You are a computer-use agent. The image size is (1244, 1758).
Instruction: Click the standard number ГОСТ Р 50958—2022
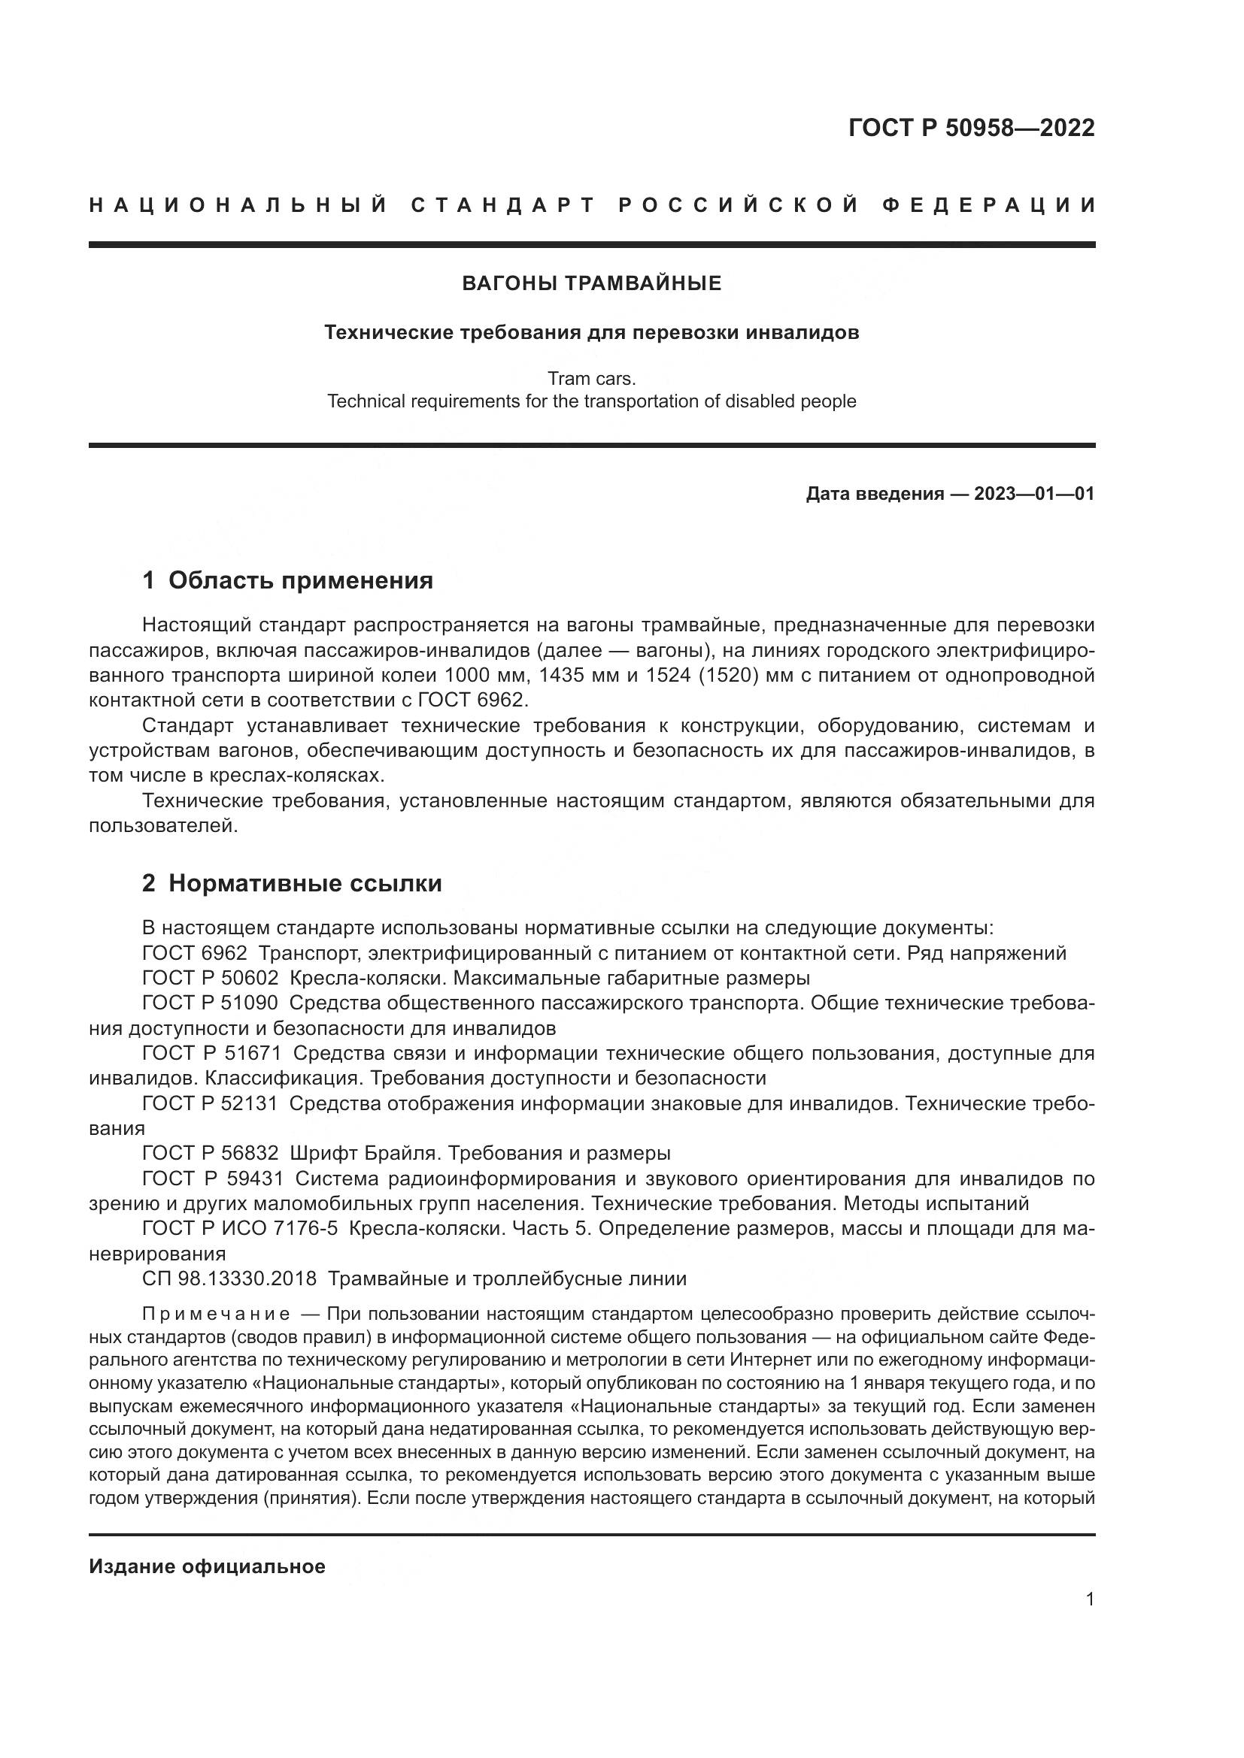point(970,128)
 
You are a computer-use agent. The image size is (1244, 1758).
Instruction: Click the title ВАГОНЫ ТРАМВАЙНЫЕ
point(591,284)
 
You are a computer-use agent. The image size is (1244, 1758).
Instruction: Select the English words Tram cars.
point(591,378)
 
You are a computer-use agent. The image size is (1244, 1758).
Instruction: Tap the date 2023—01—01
point(1034,494)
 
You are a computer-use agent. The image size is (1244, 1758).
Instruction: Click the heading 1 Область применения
point(287,580)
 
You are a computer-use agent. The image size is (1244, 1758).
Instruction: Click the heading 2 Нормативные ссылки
point(292,884)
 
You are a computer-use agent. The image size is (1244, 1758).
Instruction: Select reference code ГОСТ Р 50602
point(210,979)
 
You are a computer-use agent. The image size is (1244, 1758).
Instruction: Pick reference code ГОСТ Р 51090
point(210,1004)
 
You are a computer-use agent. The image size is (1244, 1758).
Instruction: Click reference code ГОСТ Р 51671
point(211,1054)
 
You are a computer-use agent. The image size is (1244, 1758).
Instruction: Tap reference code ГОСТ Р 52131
point(210,1104)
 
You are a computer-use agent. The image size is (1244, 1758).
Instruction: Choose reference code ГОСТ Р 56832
point(210,1154)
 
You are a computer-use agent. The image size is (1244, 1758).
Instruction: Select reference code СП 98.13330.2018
point(229,1278)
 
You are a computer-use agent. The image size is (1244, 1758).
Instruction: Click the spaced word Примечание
point(216,1315)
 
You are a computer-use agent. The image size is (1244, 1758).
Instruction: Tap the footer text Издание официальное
point(207,1566)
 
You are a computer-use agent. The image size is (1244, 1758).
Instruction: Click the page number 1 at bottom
point(1089,1599)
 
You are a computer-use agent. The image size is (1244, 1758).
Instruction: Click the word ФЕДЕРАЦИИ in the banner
point(989,205)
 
